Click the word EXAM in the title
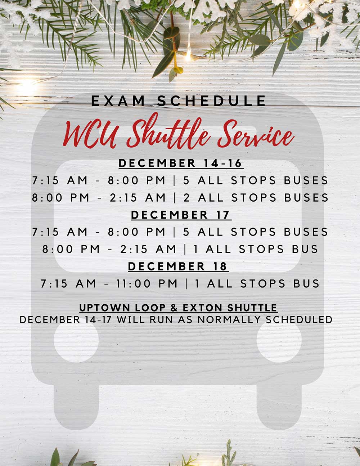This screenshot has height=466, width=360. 118,101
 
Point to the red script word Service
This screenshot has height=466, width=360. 256,134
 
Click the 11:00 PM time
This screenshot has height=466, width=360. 147,284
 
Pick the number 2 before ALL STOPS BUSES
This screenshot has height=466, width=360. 186,198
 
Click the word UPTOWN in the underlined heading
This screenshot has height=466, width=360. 105,308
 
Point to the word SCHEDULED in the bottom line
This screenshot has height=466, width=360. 299,320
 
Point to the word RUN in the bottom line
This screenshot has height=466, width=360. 161,320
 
